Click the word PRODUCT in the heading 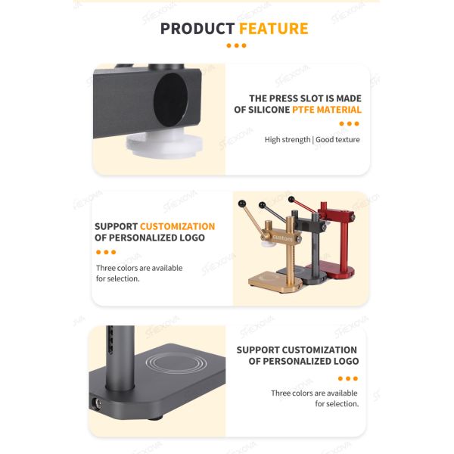[x=197, y=29]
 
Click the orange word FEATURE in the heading [x=274, y=29]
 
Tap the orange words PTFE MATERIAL [x=327, y=110]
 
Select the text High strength [x=288, y=139]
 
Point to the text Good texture [x=337, y=139]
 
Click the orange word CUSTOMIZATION [x=178, y=226]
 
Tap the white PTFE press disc [x=164, y=143]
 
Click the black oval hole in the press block [x=170, y=100]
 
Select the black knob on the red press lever [x=291, y=200]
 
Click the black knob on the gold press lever [x=242, y=204]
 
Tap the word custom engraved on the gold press [x=283, y=238]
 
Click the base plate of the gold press [x=275, y=281]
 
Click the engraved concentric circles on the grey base [x=176, y=362]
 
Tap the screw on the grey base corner [x=98, y=403]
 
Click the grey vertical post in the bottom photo [x=120, y=358]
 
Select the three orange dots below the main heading [x=236, y=45]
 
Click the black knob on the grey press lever [x=263, y=205]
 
